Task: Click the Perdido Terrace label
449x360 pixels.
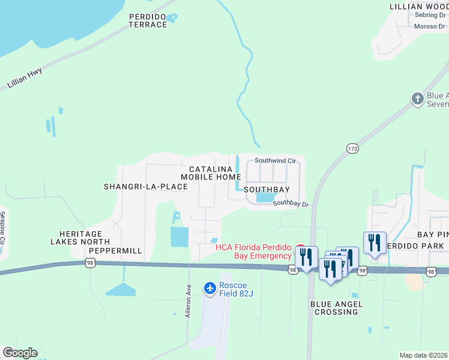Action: point(148,20)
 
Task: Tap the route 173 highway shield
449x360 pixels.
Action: point(352,148)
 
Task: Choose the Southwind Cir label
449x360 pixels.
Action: point(276,161)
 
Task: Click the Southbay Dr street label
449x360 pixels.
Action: point(291,204)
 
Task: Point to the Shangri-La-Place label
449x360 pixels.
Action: point(146,187)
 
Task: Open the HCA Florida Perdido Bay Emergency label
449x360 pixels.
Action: point(254,252)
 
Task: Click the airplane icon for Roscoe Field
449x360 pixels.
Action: point(209,289)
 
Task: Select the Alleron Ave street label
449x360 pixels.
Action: point(188,300)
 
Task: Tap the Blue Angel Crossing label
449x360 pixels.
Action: point(336,308)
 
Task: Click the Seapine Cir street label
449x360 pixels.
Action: point(3,227)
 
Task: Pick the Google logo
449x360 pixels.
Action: point(20,353)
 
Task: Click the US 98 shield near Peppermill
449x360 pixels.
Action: point(90,263)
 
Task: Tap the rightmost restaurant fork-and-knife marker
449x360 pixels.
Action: point(375,242)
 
